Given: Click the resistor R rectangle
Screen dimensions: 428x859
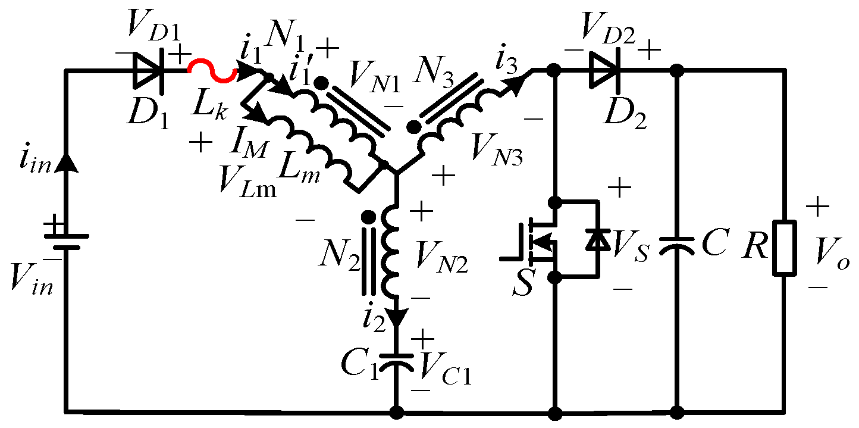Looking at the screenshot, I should tap(784, 248).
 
